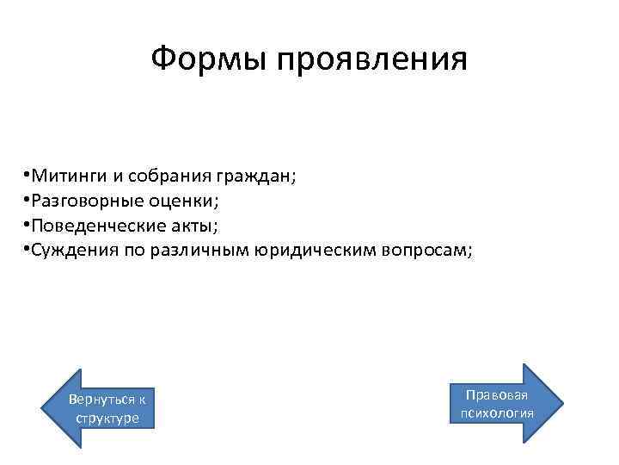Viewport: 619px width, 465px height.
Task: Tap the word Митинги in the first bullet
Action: pyautogui.click(x=70, y=177)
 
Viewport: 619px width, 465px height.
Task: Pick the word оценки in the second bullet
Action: pyautogui.click(x=183, y=201)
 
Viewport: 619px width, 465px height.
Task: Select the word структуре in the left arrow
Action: pyautogui.click(x=107, y=418)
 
